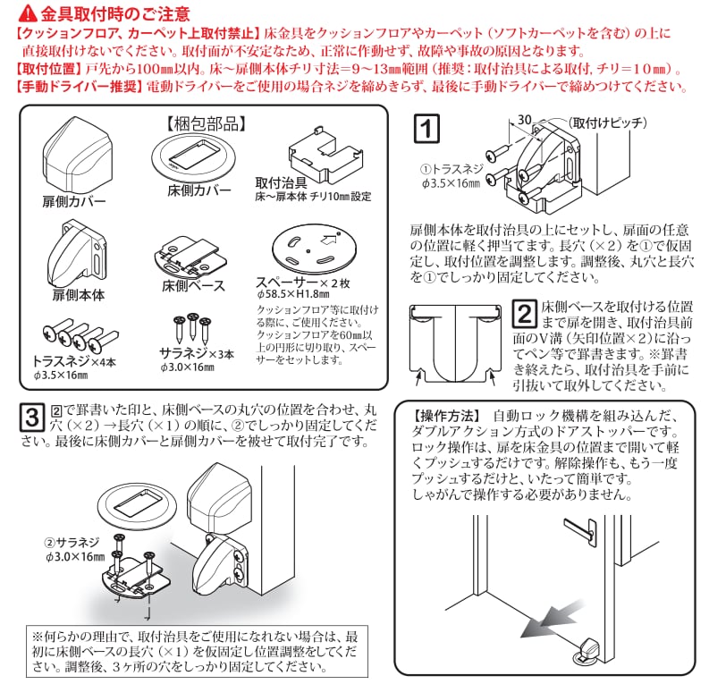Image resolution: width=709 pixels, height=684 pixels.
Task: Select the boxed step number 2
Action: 525,311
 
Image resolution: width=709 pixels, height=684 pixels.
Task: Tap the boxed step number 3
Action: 30,417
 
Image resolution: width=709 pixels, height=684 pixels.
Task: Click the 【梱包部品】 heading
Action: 202,122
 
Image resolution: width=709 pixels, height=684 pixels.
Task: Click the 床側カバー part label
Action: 198,190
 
